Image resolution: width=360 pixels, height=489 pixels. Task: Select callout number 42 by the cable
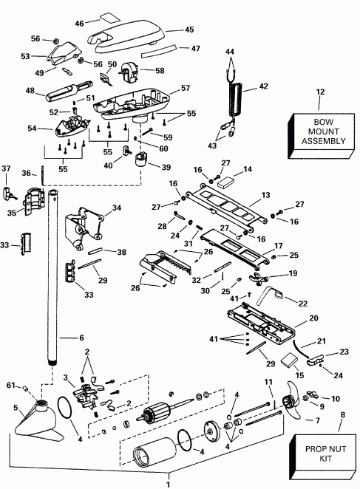point(263,86)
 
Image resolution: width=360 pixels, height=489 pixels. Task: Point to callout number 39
point(166,168)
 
